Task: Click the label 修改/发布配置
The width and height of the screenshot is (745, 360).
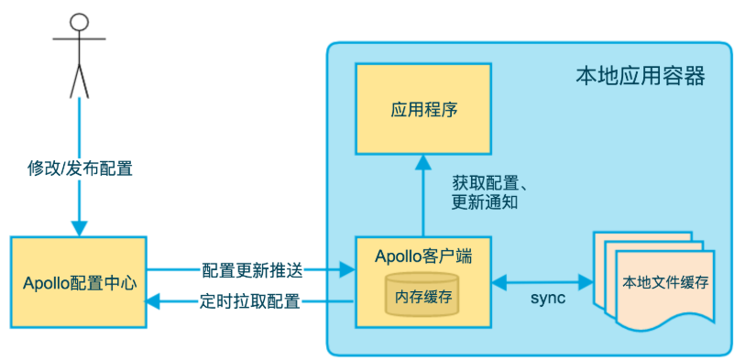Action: click(x=80, y=169)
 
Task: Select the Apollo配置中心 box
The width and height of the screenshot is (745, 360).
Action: click(x=79, y=281)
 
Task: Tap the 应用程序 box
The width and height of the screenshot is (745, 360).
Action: click(x=423, y=111)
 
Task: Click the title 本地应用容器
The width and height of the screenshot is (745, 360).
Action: click(x=640, y=76)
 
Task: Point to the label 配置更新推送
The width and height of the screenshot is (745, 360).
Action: click(x=250, y=270)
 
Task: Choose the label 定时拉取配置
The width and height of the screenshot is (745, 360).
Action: click(x=250, y=300)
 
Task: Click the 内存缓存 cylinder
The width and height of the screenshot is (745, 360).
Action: click(x=423, y=295)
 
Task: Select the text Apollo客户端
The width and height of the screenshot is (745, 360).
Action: click(x=423, y=256)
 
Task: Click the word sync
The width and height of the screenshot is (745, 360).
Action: click(x=548, y=300)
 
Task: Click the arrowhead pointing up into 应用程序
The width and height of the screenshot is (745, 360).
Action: click(x=423, y=162)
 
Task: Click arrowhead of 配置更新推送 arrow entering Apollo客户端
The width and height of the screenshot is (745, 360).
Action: click(x=347, y=270)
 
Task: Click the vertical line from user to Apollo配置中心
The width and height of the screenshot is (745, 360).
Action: click(x=80, y=128)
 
